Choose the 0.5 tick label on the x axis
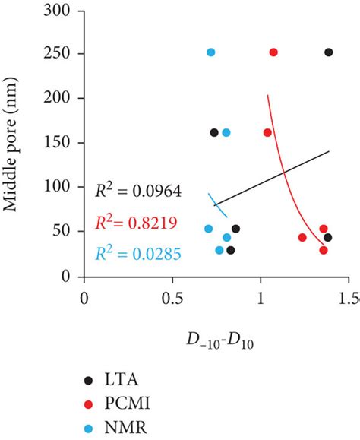(172, 298)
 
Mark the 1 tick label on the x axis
(261, 298)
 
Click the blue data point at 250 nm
(210, 52)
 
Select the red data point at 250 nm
(273, 52)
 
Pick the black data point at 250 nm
(328, 52)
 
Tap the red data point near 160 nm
(267, 132)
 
